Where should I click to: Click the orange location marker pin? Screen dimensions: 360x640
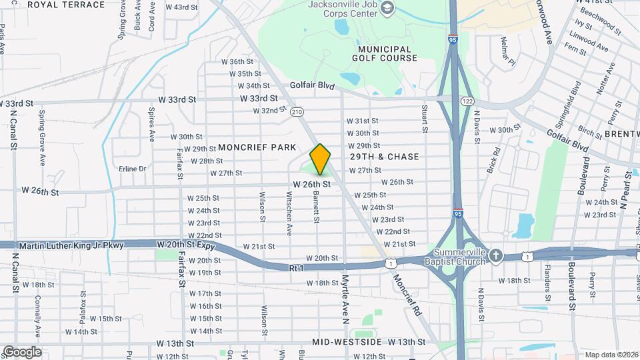[320, 159]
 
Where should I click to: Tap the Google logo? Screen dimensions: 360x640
[22, 351]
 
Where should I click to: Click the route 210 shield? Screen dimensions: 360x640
[297, 112]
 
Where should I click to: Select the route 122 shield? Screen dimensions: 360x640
[467, 101]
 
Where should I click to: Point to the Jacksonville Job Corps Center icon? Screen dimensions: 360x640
[386, 8]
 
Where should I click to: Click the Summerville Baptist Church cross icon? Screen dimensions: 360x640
[495, 255]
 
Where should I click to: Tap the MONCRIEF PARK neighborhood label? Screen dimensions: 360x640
[257, 147]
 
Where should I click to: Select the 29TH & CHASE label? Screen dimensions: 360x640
[385, 157]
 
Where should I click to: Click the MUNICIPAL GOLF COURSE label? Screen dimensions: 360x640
[387, 53]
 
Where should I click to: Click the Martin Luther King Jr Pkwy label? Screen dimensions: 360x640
[71, 246]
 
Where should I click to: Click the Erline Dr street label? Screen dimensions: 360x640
[132, 169]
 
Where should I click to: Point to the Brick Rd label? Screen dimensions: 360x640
[494, 160]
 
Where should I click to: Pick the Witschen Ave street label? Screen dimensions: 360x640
[289, 213]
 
